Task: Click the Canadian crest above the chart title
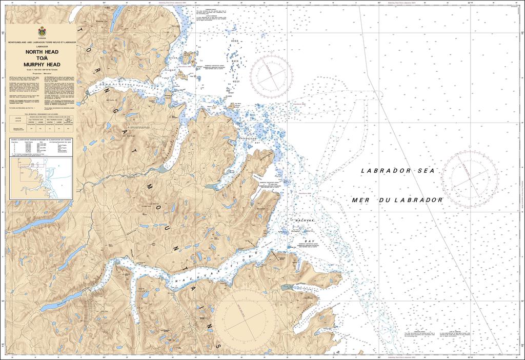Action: click(x=41, y=32)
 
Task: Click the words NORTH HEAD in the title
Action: click(x=41, y=52)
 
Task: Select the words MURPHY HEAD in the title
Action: click(x=41, y=65)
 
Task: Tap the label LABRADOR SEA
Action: click(x=397, y=170)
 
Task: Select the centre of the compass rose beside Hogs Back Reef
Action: click(x=272, y=72)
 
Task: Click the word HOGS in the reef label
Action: click(x=235, y=41)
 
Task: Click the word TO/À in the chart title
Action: click(x=41, y=58)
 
